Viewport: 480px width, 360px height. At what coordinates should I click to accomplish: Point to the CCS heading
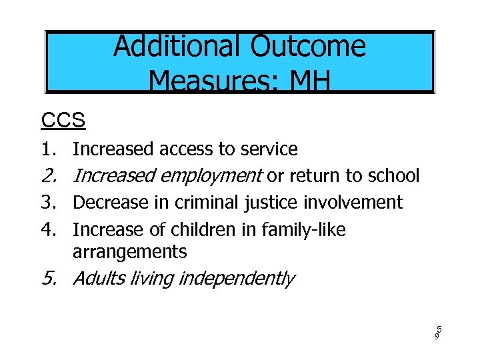[63, 121]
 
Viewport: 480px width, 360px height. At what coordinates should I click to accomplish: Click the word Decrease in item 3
[107, 202]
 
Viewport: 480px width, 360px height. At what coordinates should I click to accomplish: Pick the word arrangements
[129, 252]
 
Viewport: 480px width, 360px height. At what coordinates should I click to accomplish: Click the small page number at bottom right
[439, 333]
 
